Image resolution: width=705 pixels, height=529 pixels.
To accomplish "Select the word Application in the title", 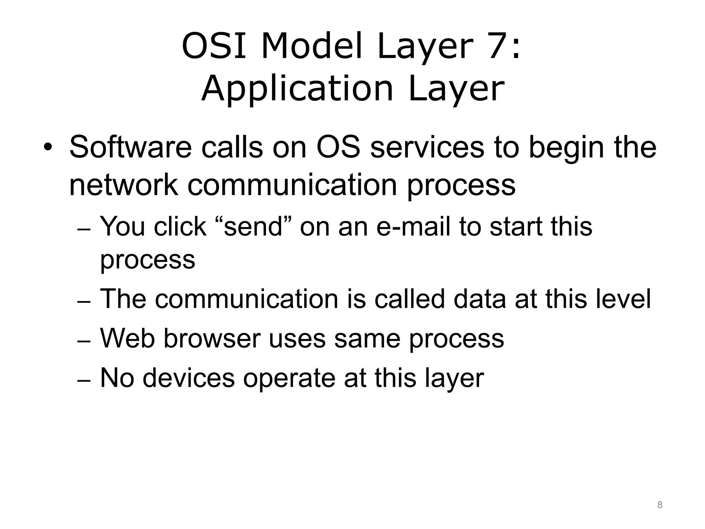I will click(x=297, y=89).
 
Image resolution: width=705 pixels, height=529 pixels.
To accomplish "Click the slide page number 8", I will click(x=660, y=505).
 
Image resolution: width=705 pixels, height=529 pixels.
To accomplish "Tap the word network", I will click(x=123, y=185).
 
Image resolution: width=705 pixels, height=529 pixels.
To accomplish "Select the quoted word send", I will click(x=253, y=227).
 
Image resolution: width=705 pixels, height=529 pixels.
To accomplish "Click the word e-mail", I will click(x=413, y=227).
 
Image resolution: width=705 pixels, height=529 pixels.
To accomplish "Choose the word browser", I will click(x=211, y=338).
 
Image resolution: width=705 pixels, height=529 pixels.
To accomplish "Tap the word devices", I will click(x=188, y=378).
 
